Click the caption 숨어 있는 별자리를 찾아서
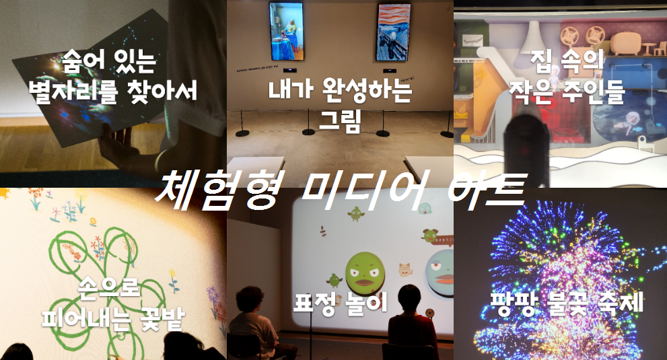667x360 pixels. [x=112, y=76]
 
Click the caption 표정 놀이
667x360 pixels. [x=341, y=303]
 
